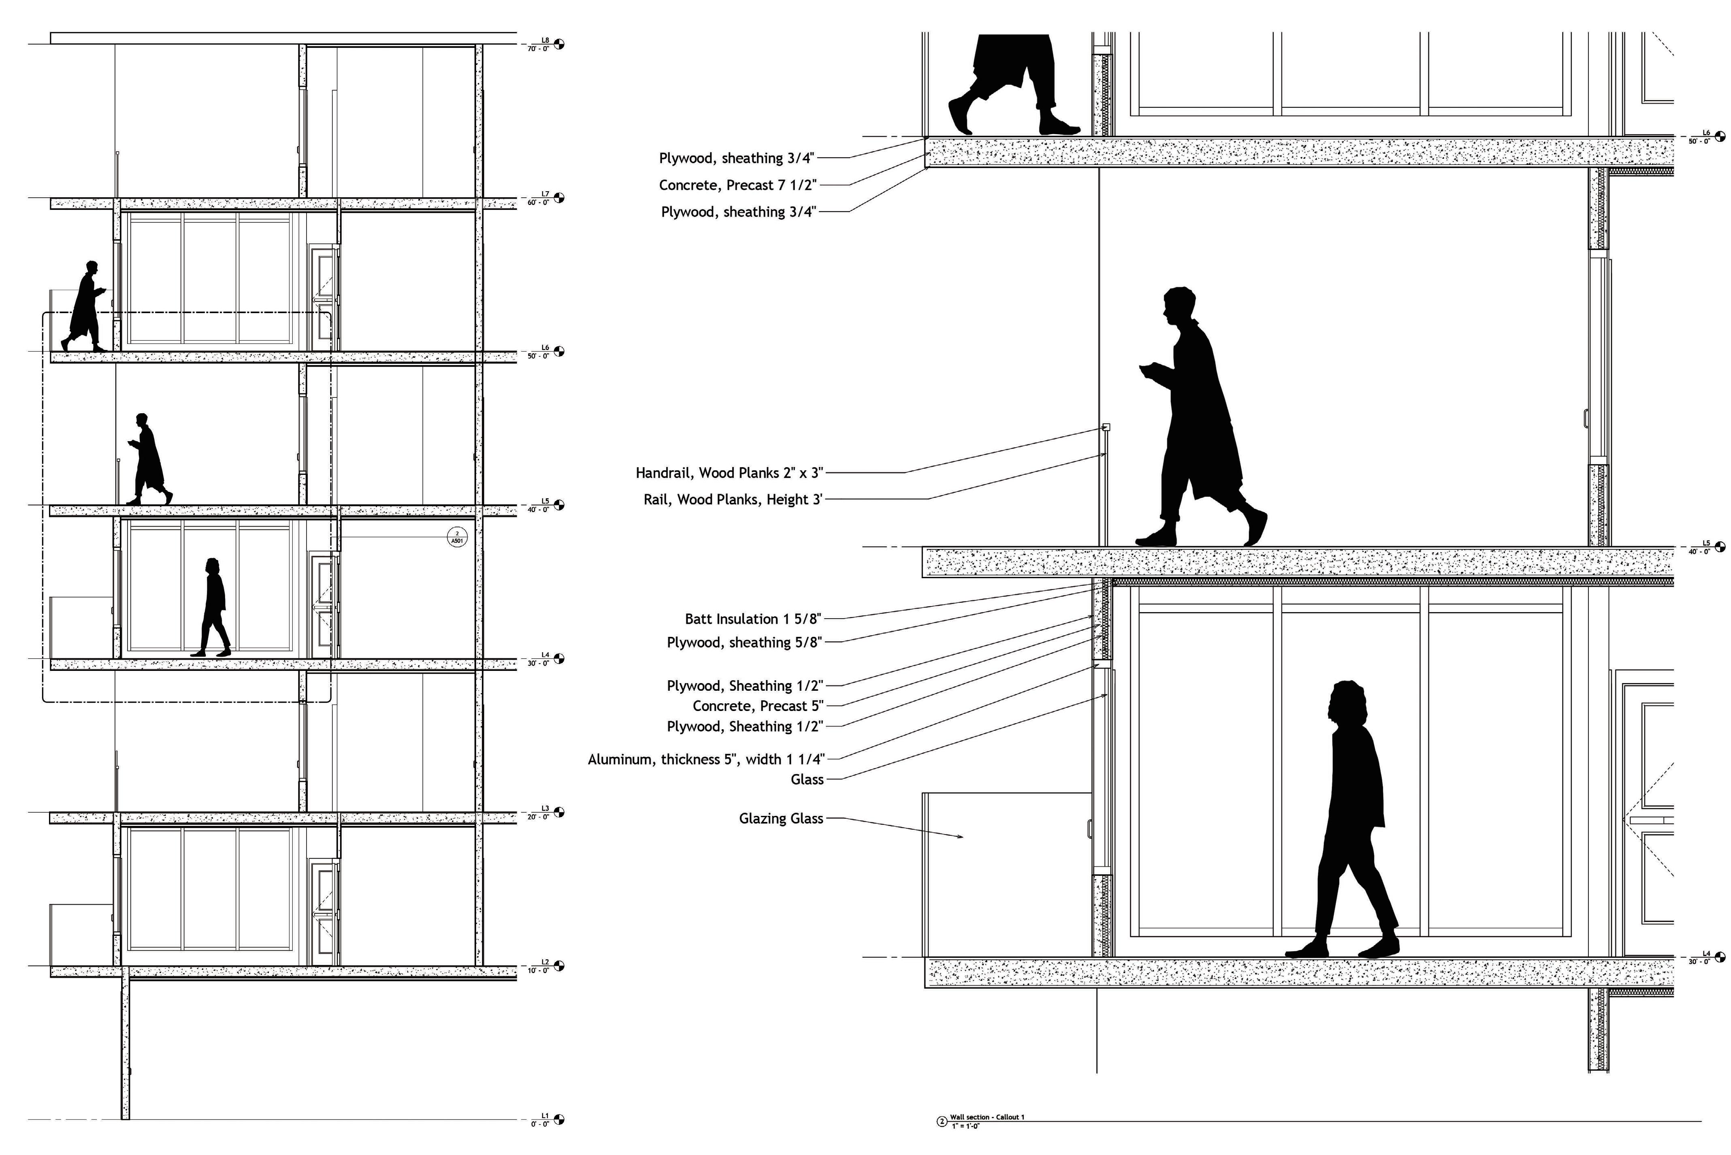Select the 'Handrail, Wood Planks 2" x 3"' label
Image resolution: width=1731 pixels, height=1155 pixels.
(x=729, y=473)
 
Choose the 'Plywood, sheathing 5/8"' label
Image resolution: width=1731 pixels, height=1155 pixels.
(x=744, y=643)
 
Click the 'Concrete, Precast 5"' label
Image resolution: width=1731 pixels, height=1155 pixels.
(x=758, y=706)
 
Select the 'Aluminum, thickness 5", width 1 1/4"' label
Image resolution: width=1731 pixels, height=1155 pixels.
(x=706, y=760)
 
